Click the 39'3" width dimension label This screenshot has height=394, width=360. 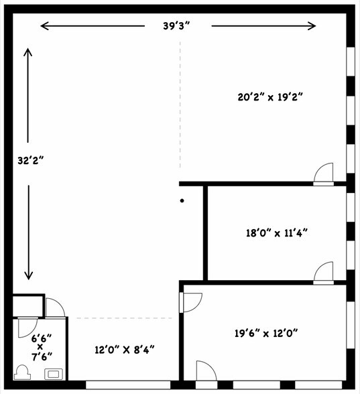[x=176, y=26]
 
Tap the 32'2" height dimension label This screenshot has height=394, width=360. [x=31, y=161]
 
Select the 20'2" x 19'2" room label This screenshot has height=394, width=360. [x=270, y=96]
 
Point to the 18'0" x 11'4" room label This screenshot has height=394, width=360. [x=277, y=233]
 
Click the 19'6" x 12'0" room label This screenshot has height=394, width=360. [x=266, y=333]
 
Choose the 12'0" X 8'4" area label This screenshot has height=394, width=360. [x=125, y=350]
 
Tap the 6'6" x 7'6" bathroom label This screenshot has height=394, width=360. [x=42, y=347]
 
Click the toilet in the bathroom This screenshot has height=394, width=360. [x=22, y=372]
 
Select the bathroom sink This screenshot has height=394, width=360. [x=54, y=374]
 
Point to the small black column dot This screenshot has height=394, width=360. [x=182, y=200]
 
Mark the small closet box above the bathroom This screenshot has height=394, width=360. [x=28, y=306]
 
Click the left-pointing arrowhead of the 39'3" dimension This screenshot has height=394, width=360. [x=45, y=26]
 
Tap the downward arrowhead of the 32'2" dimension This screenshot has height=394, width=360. [x=29, y=275]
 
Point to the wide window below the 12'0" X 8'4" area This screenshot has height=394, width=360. [x=128, y=385]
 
